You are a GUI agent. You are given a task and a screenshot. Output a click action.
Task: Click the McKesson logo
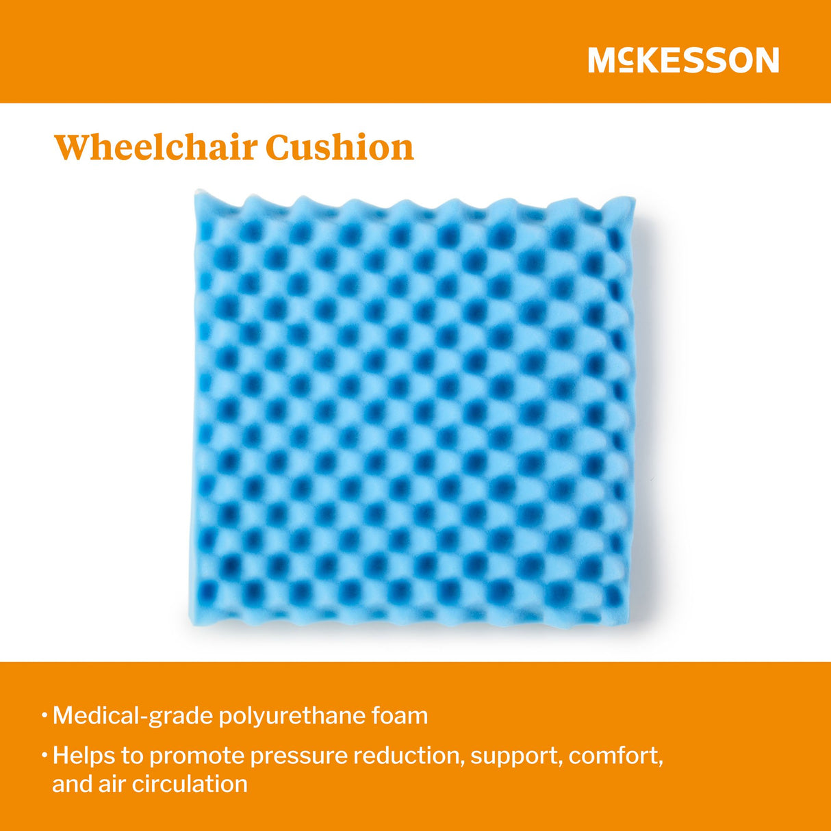click(x=683, y=60)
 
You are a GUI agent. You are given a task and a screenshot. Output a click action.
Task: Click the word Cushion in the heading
click(x=340, y=147)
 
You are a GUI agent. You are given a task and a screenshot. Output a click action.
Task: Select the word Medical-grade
click(x=132, y=716)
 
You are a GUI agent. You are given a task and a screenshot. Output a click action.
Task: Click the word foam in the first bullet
click(x=400, y=716)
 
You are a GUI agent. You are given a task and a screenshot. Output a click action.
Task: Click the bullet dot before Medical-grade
click(x=44, y=716)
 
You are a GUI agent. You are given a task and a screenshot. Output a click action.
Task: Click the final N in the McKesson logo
click(x=767, y=60)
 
